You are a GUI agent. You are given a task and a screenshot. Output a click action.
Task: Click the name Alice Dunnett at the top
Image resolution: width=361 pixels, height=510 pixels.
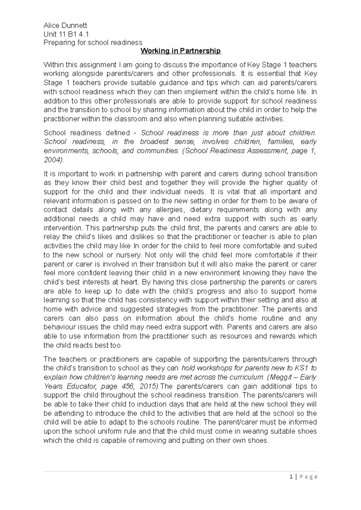coord(65,25)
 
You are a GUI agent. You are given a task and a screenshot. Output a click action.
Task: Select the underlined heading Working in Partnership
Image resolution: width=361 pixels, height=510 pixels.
coord(181,51)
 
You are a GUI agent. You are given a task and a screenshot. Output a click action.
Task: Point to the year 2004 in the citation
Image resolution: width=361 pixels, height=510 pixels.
coord(53,160)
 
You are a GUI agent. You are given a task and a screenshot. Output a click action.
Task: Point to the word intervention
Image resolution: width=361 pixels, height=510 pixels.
coord(63,228)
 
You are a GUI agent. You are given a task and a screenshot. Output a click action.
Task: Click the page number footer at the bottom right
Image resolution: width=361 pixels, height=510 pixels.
coord(307,477)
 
